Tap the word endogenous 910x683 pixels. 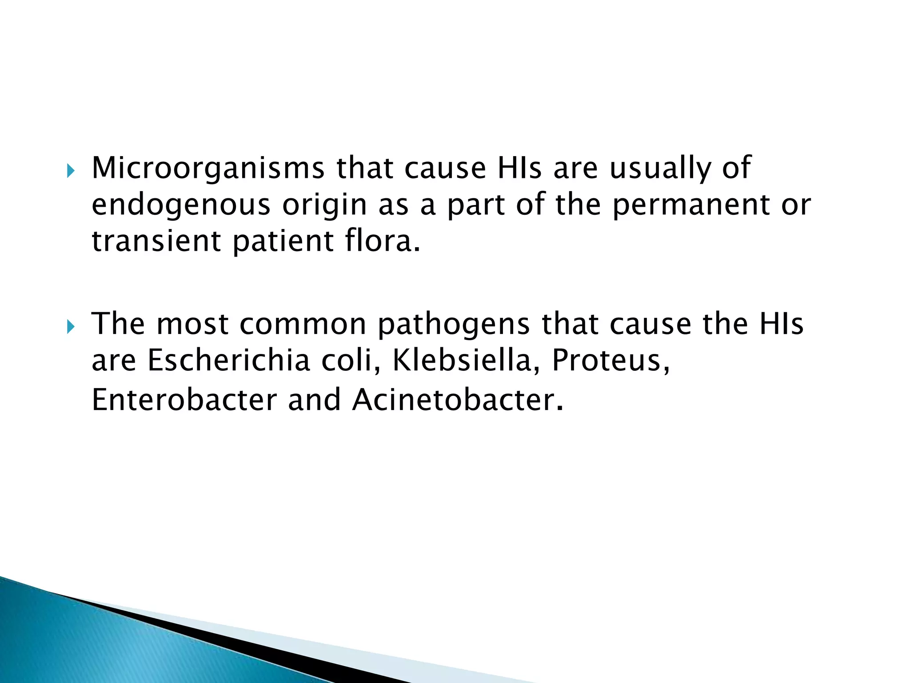(x=181, y=205)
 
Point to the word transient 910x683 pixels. (x=156, y=241)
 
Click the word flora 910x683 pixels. (x=382, y=241)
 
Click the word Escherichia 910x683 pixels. (x=229, y=360)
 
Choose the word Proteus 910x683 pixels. (x=610, y=360)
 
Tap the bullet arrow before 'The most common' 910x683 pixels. (x=70, y=327)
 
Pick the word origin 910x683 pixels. (x=325, y=205)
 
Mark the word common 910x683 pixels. (x=303, y=324)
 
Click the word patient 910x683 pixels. (x=283, y=241)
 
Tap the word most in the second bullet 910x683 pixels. (x=192, y=324)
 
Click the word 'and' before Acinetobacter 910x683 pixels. (x=315, y=400)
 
